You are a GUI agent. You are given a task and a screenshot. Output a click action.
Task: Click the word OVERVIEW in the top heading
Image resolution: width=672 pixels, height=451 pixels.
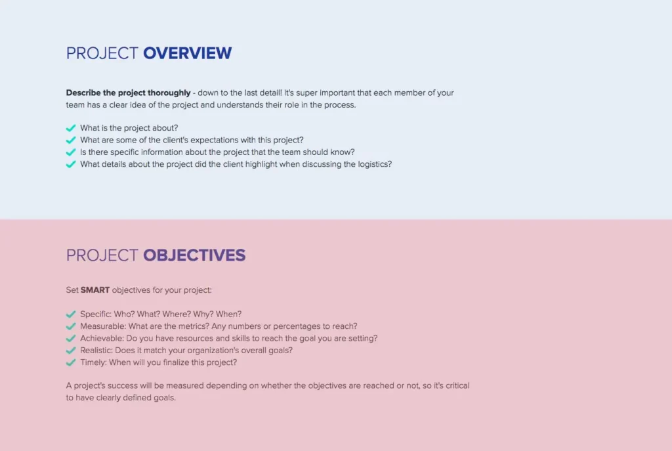point(187,53)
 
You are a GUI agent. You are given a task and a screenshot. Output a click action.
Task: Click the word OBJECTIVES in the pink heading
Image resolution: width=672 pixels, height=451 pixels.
point(194,255)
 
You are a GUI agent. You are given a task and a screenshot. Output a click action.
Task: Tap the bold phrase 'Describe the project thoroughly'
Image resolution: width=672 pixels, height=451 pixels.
point(128,93)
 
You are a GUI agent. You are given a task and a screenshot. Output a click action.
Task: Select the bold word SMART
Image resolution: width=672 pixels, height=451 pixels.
point(95,290)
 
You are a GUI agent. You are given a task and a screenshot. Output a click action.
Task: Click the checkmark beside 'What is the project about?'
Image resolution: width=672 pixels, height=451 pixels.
point(71,129)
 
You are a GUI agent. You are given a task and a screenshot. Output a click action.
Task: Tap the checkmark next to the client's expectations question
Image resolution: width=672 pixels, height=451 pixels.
point(71,140)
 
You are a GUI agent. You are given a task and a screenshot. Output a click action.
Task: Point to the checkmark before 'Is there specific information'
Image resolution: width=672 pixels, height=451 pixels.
point(71,152)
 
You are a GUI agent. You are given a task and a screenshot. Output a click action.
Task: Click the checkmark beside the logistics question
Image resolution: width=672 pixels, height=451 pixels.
point(71,164)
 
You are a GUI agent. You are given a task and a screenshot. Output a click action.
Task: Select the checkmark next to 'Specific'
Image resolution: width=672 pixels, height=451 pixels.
point(71,314)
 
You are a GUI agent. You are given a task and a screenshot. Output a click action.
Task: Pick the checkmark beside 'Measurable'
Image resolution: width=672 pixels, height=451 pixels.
point(71,326)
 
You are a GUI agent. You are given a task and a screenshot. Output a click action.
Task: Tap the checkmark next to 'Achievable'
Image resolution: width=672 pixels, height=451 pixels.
point(71,339)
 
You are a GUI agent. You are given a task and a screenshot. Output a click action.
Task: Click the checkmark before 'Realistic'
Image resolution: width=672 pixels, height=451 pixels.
point(71,351)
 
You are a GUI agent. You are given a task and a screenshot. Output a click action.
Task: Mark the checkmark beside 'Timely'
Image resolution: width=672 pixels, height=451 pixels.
point(71,362)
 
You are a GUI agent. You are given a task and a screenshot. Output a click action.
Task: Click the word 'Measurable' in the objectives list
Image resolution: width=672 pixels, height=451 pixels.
point(102,326)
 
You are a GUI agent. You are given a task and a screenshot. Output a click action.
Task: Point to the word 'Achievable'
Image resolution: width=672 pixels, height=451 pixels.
point(102,339)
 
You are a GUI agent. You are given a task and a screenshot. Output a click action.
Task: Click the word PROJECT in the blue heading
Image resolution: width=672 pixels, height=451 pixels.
point(102,53)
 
